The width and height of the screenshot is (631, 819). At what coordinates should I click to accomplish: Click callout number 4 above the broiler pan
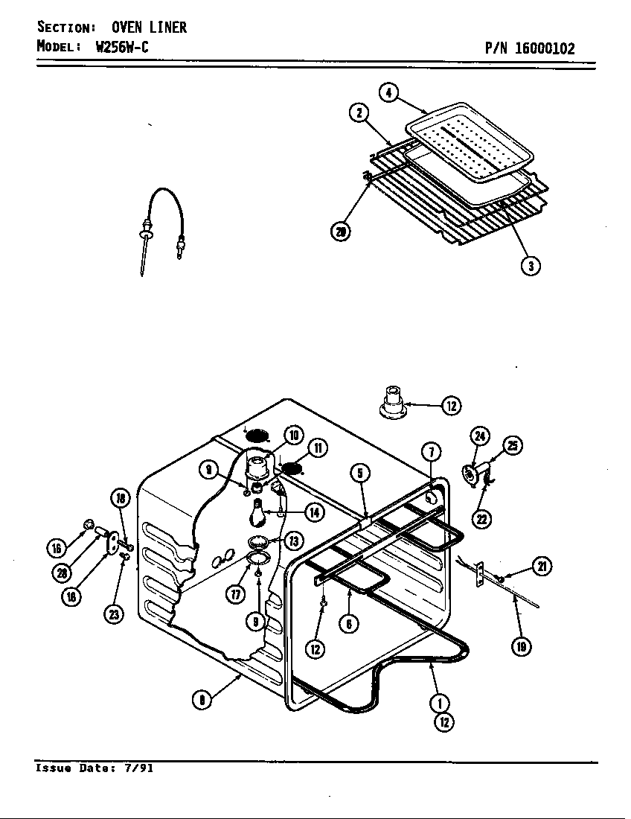click(388, 93)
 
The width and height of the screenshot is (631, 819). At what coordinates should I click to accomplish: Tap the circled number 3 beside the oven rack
click(530, 265)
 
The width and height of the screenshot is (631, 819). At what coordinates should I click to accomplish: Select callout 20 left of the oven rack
click(341, 232)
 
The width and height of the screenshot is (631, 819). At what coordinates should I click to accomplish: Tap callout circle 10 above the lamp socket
click(293, 436)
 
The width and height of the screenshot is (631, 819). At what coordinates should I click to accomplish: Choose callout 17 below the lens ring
click(236, 593)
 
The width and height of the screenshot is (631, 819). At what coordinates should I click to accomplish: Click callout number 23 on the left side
click(113, 615)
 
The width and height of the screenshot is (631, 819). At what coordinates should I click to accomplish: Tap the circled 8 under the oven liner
click(200, 699)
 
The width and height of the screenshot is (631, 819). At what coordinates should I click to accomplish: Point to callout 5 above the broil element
click(359, 473)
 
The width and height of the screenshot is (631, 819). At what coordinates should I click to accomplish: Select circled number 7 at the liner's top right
click(432, 451)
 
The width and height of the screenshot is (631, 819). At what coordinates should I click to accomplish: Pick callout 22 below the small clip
click(482, 518)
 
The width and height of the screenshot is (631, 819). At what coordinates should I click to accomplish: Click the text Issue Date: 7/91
click(94, 768)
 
